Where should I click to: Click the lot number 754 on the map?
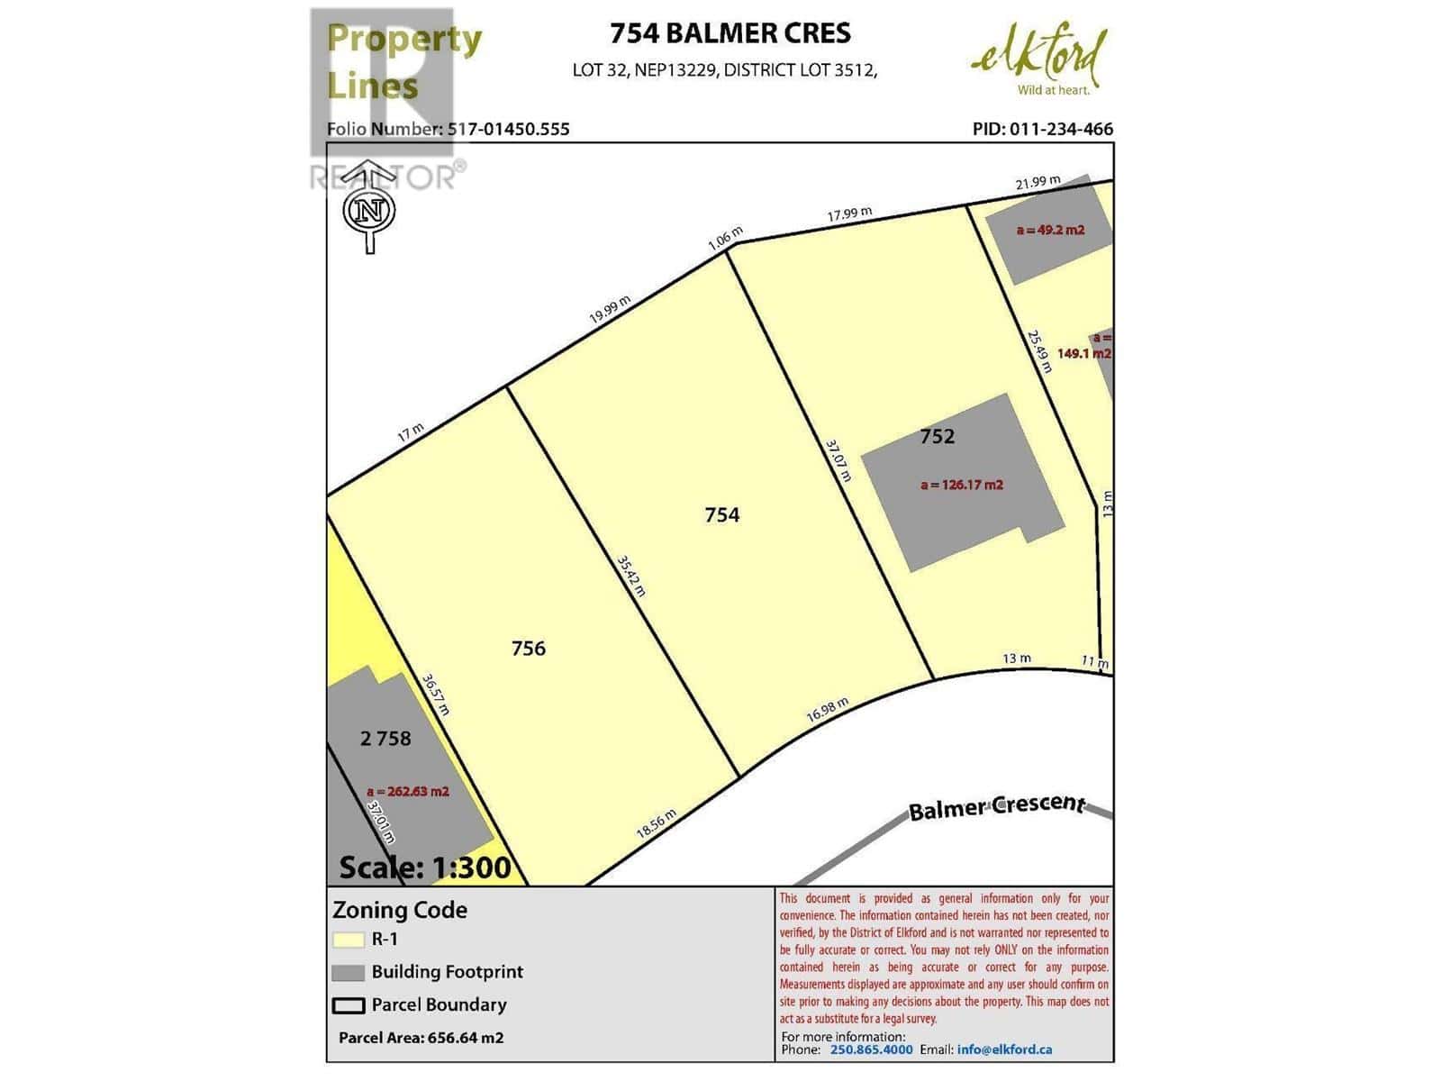tap(721, 514)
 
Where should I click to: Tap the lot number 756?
tap(528, 648)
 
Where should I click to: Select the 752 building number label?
tap(937, 436)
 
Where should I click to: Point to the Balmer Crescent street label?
tap(996, 805)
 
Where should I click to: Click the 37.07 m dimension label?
tap(838, 460)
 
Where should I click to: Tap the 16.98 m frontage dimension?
tap(827, 710)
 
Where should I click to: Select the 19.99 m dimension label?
tap(610, 310)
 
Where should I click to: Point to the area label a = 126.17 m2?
tap(961, 485)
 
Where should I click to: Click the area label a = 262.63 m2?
tap(407, 792)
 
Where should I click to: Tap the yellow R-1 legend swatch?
tap(348, 940)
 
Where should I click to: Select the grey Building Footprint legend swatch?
tap(348, 973)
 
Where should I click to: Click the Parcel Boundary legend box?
tap(348, 1005)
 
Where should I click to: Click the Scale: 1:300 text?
tap(424, 867)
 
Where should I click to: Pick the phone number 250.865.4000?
tap(871, 1049)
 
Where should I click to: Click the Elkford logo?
tap(1039, 60)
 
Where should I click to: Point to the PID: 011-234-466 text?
tap(1042, 129)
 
